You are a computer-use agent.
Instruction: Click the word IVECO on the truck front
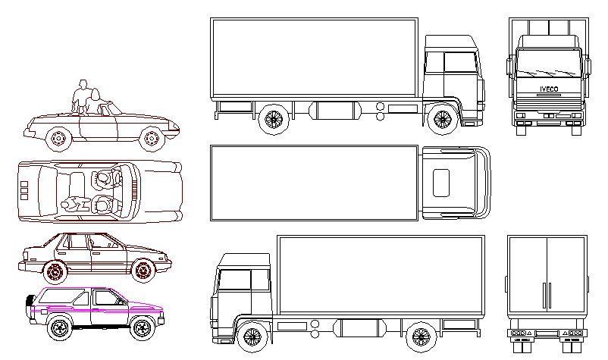549,89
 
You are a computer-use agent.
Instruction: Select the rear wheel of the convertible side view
57,139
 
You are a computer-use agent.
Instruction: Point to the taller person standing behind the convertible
81,96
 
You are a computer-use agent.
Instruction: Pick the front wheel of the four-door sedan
141,270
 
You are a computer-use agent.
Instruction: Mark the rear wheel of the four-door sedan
54,270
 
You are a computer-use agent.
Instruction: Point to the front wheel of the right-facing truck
441,119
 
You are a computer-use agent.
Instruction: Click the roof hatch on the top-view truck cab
440,183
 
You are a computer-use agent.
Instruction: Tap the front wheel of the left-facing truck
251,335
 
